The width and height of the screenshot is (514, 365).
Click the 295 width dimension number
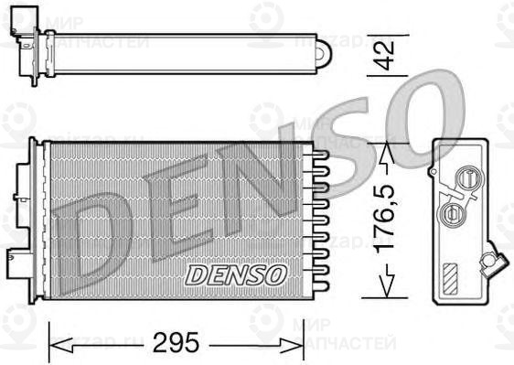(x=176, y=343)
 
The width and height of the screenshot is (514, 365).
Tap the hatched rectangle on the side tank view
(x=451, y=275)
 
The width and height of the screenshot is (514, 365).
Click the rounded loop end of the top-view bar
(x=323, y=54)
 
